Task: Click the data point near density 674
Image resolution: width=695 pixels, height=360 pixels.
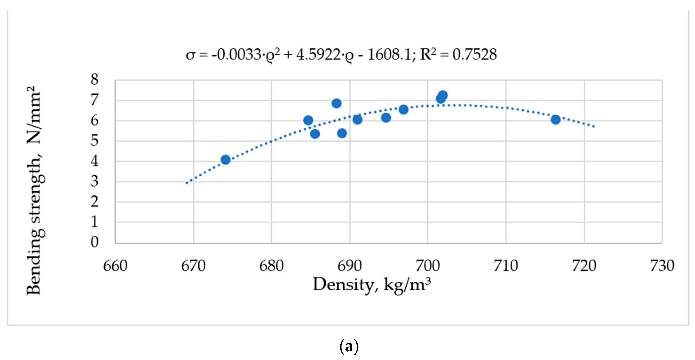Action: [x=226, y=159]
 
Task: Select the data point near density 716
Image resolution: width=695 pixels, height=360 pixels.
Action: [x=556, y=119]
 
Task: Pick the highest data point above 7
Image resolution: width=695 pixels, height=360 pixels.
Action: [x=443, y=95]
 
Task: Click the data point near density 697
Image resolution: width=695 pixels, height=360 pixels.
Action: [x=403, y=109]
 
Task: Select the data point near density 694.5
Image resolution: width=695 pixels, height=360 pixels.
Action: [x=386, y=117]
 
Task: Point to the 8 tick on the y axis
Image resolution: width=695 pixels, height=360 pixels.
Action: [x=94, y=80]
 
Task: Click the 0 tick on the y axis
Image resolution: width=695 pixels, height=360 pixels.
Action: [x=94, y=242]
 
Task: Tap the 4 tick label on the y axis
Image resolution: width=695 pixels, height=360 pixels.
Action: [x=94, y=161]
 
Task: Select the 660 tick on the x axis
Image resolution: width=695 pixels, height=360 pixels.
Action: [x=115, y=266]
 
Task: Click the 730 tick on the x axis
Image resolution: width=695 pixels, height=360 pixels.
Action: [x=662, y=266]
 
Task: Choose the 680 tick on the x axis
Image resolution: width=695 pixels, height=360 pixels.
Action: [x=271, y=266]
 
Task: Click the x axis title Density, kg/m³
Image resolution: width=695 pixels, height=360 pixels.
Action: [x=372, y=285]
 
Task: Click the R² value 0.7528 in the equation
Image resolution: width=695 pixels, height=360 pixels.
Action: [x=474, y=55]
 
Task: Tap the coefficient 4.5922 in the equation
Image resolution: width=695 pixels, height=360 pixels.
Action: [x=318, y=55]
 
